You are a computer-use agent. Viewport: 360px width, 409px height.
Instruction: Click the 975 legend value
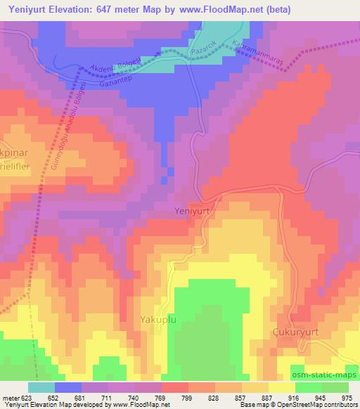347,397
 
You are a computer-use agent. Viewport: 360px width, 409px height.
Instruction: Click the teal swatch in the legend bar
41,387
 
